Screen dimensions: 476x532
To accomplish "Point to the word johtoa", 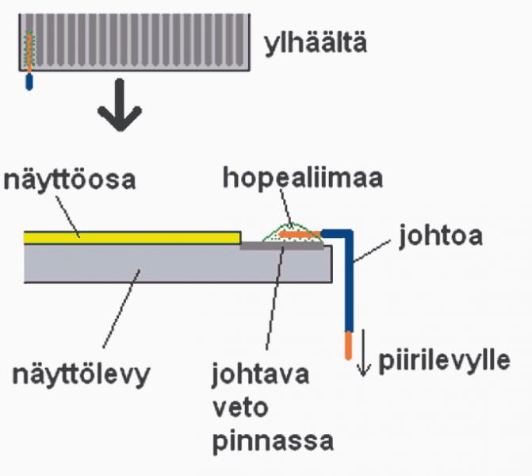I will pos(435,239).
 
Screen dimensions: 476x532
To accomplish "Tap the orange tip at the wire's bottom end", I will pos(346,344).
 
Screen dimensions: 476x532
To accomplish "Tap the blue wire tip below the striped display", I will pos(29,81).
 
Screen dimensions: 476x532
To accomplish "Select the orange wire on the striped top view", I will pos(29,52).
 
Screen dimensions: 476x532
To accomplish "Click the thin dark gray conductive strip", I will pos(282,246).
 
